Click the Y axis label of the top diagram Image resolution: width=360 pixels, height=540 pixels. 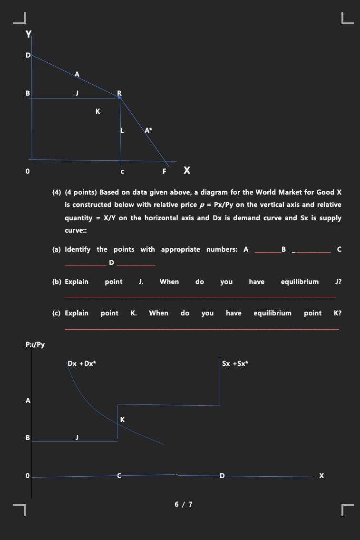coord(29,34)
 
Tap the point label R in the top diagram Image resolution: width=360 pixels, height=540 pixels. coord(119,93)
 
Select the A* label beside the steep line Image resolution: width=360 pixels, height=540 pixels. coord(148,130)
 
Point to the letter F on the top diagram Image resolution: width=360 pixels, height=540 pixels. coord(165,171)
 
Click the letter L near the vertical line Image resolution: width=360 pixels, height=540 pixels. coord(122,130)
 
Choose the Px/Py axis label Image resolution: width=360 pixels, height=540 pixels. coord(35,344)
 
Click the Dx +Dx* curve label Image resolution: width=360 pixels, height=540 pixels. coord(82,363)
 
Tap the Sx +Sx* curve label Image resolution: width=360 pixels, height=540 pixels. coord(235,363)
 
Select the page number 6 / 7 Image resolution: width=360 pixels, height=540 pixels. coord(184,504)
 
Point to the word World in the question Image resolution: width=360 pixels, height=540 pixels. coord(266,192)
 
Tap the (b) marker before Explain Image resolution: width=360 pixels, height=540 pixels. coord(57,282)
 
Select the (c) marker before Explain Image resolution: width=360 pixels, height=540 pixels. coord(57,313)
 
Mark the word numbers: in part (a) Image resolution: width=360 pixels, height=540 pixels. coord(222,249)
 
